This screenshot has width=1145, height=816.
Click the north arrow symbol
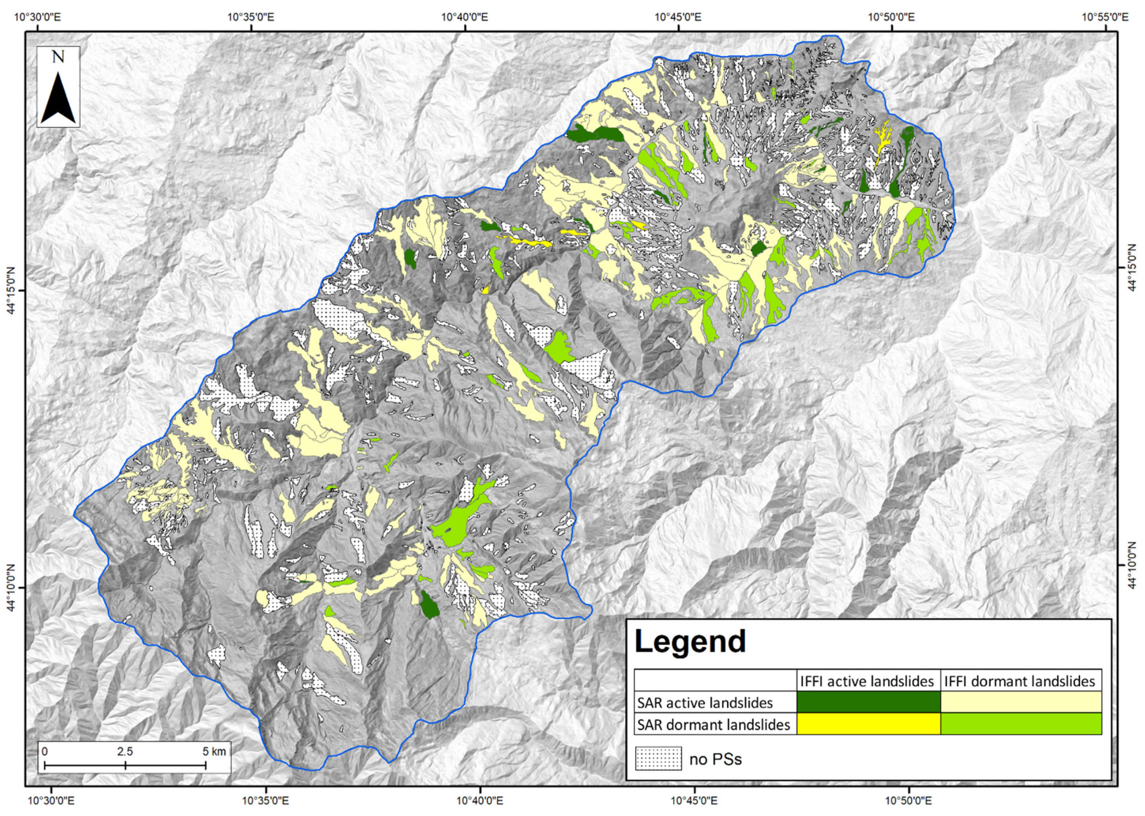58,99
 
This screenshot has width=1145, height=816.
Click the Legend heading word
690,642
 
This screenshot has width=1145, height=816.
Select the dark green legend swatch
868,702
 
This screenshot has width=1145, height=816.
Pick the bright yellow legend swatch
868,724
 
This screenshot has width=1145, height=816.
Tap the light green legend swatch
1021,724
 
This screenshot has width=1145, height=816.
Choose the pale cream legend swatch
1021,702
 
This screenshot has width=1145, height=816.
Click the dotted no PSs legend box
658,759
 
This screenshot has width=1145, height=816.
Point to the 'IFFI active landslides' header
866,681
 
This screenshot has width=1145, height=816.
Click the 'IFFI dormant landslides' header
1019,681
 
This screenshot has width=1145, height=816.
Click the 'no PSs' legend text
715,759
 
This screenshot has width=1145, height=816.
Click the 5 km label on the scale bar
214,752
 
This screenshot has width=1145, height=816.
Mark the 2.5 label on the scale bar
125,752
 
